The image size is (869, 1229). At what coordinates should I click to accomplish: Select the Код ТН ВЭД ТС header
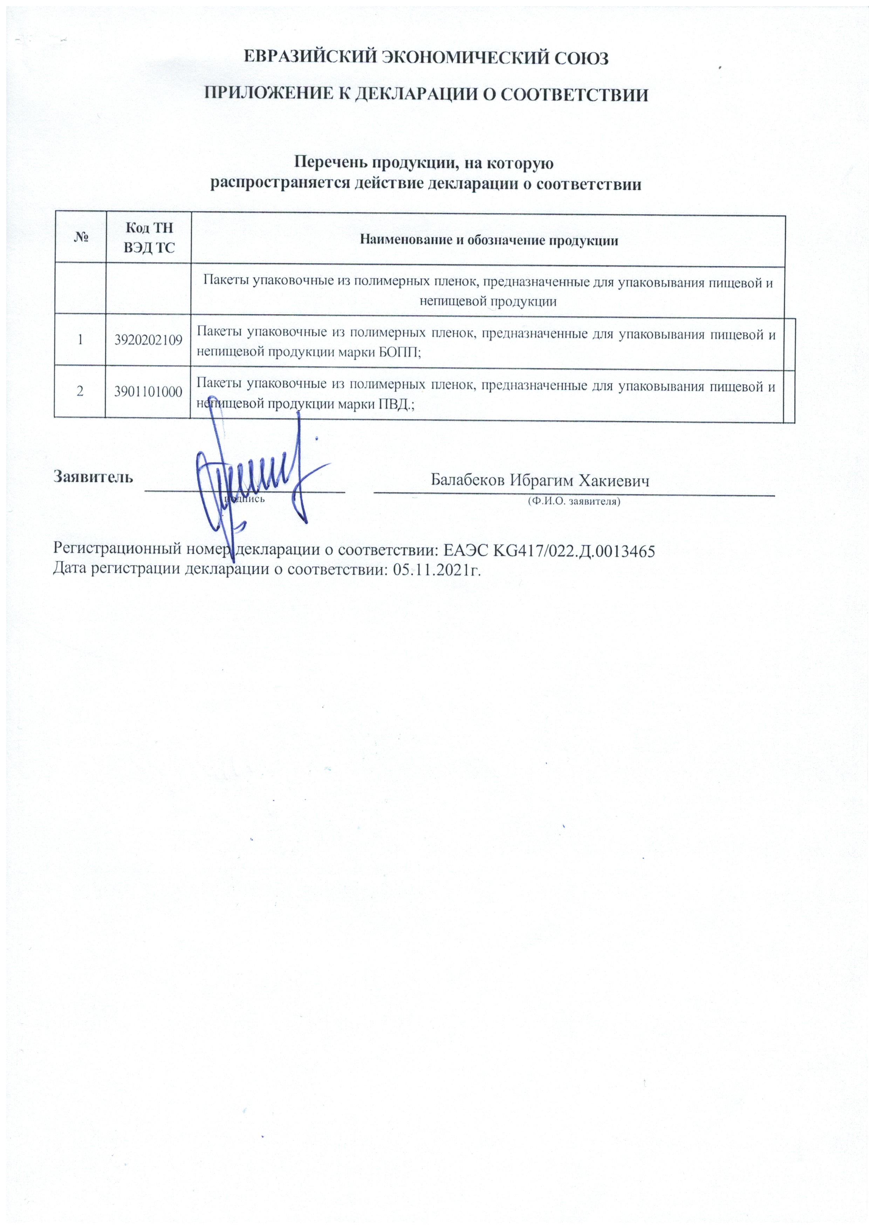pos(149,238)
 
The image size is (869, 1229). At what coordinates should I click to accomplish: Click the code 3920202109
pos(148,340)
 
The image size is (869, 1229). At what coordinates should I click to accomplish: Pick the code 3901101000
pos(148,391)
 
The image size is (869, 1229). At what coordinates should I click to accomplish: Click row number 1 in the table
pos(80,339)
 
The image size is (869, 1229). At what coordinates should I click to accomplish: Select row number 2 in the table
pos(80,391)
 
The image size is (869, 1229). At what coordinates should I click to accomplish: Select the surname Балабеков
pos(468,480)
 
